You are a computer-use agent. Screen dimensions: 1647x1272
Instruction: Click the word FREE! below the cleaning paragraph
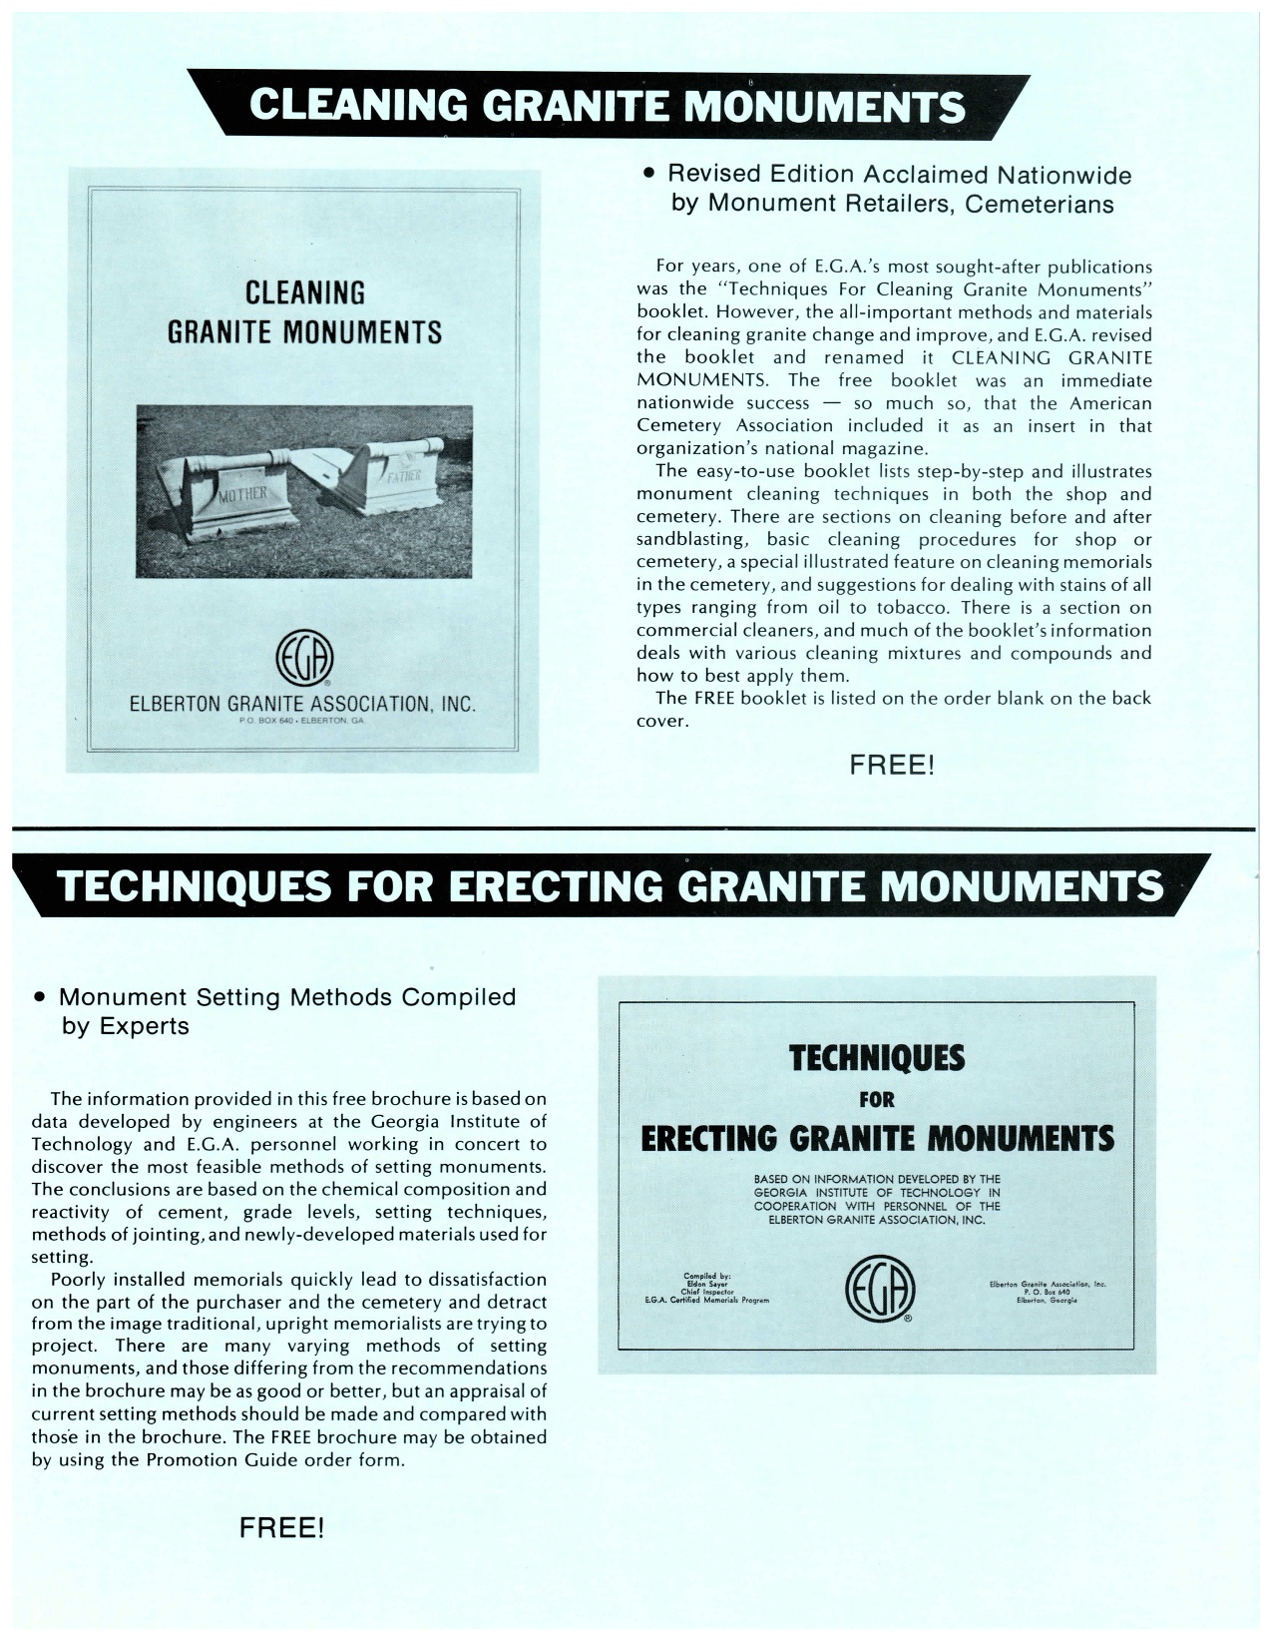[x=892, y=766]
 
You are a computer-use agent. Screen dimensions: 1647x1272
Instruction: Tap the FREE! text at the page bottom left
[x=281, y=1528]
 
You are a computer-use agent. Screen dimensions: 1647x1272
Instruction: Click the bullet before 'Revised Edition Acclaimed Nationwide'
[x=648, y=175]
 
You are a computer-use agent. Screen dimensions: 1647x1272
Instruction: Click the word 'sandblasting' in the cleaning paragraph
[x=690, y=540]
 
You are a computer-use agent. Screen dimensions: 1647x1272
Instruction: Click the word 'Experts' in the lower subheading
[x=150, y=1026]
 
